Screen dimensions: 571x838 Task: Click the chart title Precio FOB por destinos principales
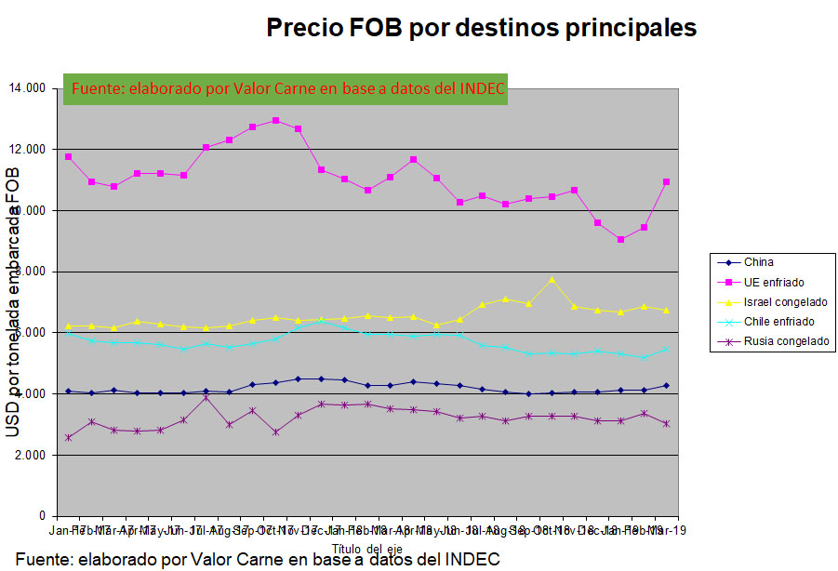(x=481, y=28)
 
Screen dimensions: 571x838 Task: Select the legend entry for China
(x=759, y=262)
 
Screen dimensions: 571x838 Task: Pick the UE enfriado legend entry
(x=774, y=282)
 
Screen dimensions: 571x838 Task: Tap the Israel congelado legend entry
(x=785, y=302)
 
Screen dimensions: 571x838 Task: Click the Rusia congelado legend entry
(x=786, y=341)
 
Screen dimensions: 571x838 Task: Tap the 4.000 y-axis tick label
(x=29, y=394)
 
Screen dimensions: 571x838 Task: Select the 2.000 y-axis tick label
(x=29, y=456)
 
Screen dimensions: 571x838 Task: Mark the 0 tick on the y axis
(x=42, y=516)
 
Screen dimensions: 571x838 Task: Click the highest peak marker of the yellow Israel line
(x=552, y=279)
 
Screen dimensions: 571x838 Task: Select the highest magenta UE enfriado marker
(x=275, y=120)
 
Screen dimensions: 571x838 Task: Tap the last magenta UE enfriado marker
(x=666, y=182)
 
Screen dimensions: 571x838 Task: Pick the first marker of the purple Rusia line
(x=69, y=437)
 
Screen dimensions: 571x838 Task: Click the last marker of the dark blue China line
(x=666, y=385)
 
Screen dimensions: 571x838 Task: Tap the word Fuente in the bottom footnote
(x=43, y=560)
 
